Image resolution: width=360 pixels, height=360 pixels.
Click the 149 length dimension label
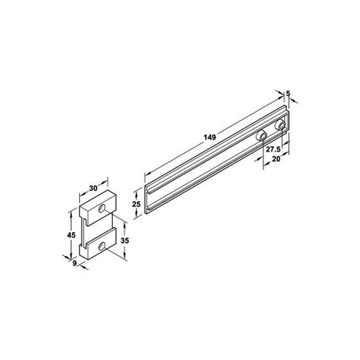[209, 137]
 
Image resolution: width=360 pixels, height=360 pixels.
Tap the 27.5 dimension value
[273, 150]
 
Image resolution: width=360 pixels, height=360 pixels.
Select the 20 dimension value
[276, 159]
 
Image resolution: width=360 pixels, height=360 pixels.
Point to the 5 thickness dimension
[287, 93]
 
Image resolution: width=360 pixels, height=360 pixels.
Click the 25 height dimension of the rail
[136, 204]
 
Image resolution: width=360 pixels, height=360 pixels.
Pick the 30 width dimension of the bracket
[93, 188]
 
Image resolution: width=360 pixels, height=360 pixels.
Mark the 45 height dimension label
[71, 236]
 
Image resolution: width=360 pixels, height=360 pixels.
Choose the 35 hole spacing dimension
[124, 241]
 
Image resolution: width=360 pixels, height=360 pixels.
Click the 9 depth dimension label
[75, 263]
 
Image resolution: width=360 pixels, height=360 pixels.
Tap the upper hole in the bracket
[102, 209]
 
